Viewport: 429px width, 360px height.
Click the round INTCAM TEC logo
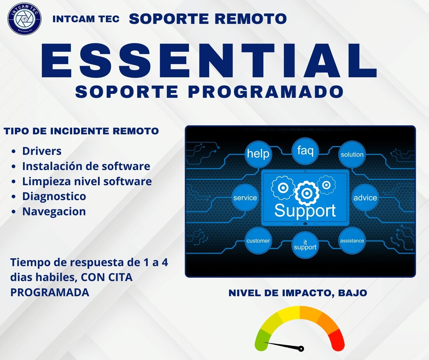[x=24, y=19]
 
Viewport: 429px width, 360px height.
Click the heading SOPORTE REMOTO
[x=208, y=19]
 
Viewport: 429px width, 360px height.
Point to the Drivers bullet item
[x=42, y=151]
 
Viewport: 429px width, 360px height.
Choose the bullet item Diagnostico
[x=54, y=196]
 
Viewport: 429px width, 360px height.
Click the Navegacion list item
[x=54, y=211]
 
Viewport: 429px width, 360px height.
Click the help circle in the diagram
[x=258, y=154]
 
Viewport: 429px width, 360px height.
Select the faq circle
[x=305, y=151]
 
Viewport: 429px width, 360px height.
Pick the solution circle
[x=352, y=154]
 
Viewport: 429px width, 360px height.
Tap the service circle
[x=245, y=198]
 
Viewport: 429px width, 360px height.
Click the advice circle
[x=365, y=198]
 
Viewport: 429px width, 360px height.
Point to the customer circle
[x=258, y=241]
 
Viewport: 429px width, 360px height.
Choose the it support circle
[x=305, y=245]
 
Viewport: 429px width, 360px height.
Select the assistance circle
[x=352, y=241]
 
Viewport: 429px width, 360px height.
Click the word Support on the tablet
[x=305, y=211]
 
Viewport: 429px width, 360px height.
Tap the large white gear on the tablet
[x=307, y=193]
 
